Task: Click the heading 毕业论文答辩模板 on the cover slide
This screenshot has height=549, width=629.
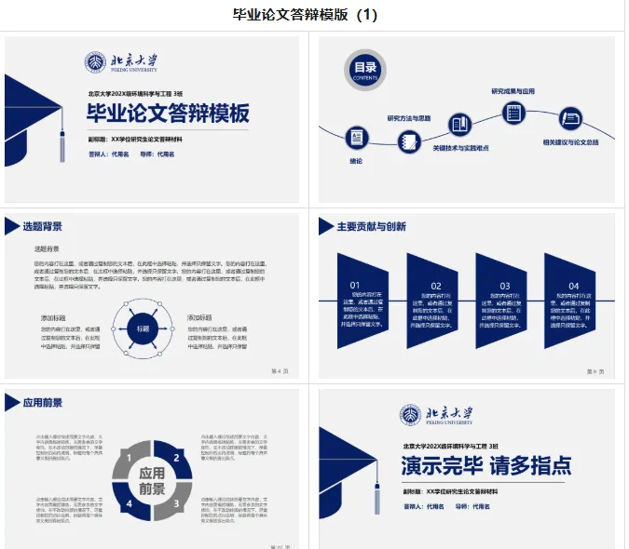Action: (x=168, y=114)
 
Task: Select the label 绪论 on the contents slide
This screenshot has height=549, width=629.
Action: (x=356, y=161)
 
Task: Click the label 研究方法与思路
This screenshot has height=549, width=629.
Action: (x=409, y=118)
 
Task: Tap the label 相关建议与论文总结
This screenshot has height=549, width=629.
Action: (x=570, y=142)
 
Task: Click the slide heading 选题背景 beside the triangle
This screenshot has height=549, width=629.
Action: (x=43, y=226)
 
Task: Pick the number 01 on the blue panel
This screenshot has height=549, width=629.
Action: (x=355, y=286)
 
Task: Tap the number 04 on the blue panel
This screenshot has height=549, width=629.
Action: (x=574, y=286)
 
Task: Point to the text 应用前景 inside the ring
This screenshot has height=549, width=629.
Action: (x=151, y=480)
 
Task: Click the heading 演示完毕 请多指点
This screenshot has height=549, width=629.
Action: (x=486, y=465)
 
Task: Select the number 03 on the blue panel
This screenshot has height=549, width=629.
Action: (x=504, y=286)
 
